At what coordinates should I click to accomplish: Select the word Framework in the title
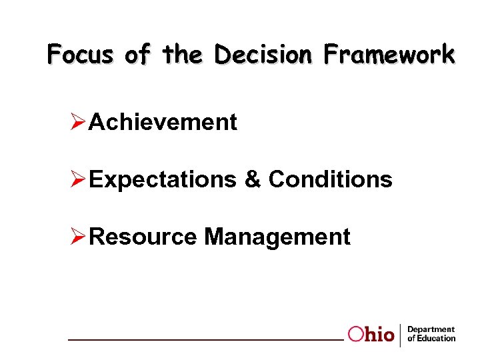coord(389,53)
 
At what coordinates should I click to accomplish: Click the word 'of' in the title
coord(137,53)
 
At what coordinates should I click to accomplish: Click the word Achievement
coord(163,123)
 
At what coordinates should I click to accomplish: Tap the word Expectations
coord(162,179)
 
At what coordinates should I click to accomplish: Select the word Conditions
coord(330,179)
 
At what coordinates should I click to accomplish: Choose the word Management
coord(277,237)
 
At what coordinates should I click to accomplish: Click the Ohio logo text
coord(371,335)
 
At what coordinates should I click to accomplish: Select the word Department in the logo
coord(431,329)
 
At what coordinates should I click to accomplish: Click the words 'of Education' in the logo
coord(431,339)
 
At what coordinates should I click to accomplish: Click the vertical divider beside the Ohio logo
coord(400,335)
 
